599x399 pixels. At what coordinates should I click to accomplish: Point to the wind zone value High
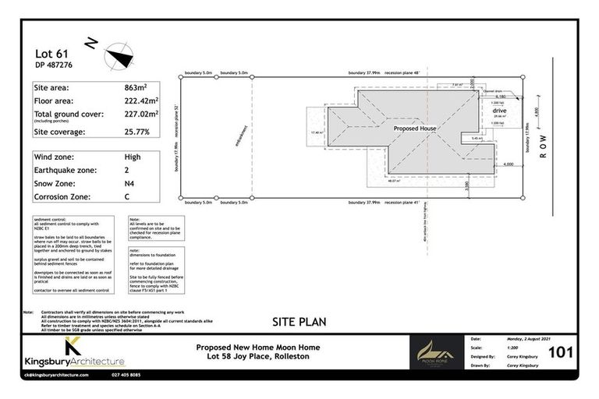[132, 157]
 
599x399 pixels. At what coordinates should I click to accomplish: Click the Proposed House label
[415, 129]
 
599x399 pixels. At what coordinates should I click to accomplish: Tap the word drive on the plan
[500, 111]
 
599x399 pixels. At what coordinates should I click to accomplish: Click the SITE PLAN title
[299, 321]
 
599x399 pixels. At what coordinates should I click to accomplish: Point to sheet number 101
[562, 353]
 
